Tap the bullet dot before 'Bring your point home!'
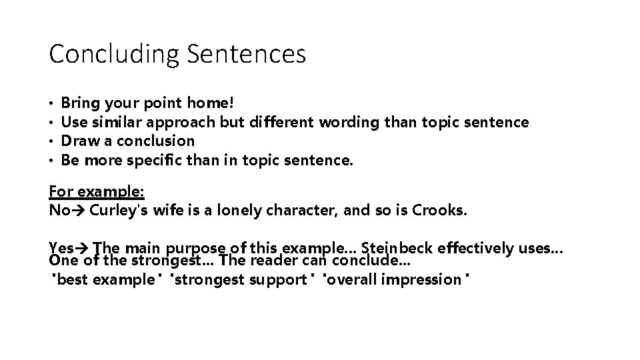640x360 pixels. click(51, 104)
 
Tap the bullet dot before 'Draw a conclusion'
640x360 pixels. click(51, 141)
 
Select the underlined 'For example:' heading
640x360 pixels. click(97, 191)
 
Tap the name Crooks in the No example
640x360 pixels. click(439, 211)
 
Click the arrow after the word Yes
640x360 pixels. click(85, 249)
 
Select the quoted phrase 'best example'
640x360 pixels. click(105, 279)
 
